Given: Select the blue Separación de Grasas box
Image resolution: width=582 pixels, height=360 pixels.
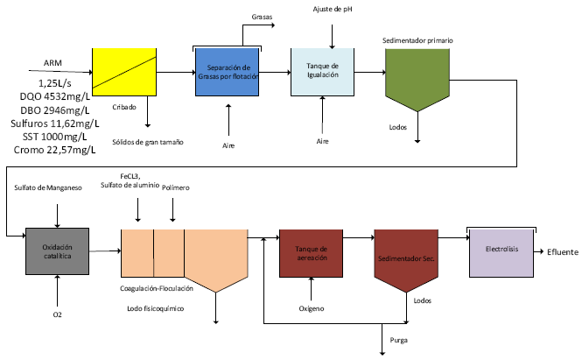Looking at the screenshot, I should click(228, 72).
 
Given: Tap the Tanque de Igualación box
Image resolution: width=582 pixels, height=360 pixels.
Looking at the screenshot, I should click(324, 72).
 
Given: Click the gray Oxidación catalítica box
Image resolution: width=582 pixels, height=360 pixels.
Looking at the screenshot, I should click(57, 251).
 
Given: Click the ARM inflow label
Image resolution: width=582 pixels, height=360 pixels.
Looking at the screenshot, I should click(53, 62).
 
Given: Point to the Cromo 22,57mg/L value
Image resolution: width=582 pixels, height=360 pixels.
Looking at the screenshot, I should click(55, 150).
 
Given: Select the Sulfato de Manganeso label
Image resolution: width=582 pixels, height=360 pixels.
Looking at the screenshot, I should click(48, 187).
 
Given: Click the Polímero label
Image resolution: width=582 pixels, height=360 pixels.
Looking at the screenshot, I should click(175, 187).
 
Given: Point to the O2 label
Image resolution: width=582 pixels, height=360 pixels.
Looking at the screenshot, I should click(58, 313).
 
